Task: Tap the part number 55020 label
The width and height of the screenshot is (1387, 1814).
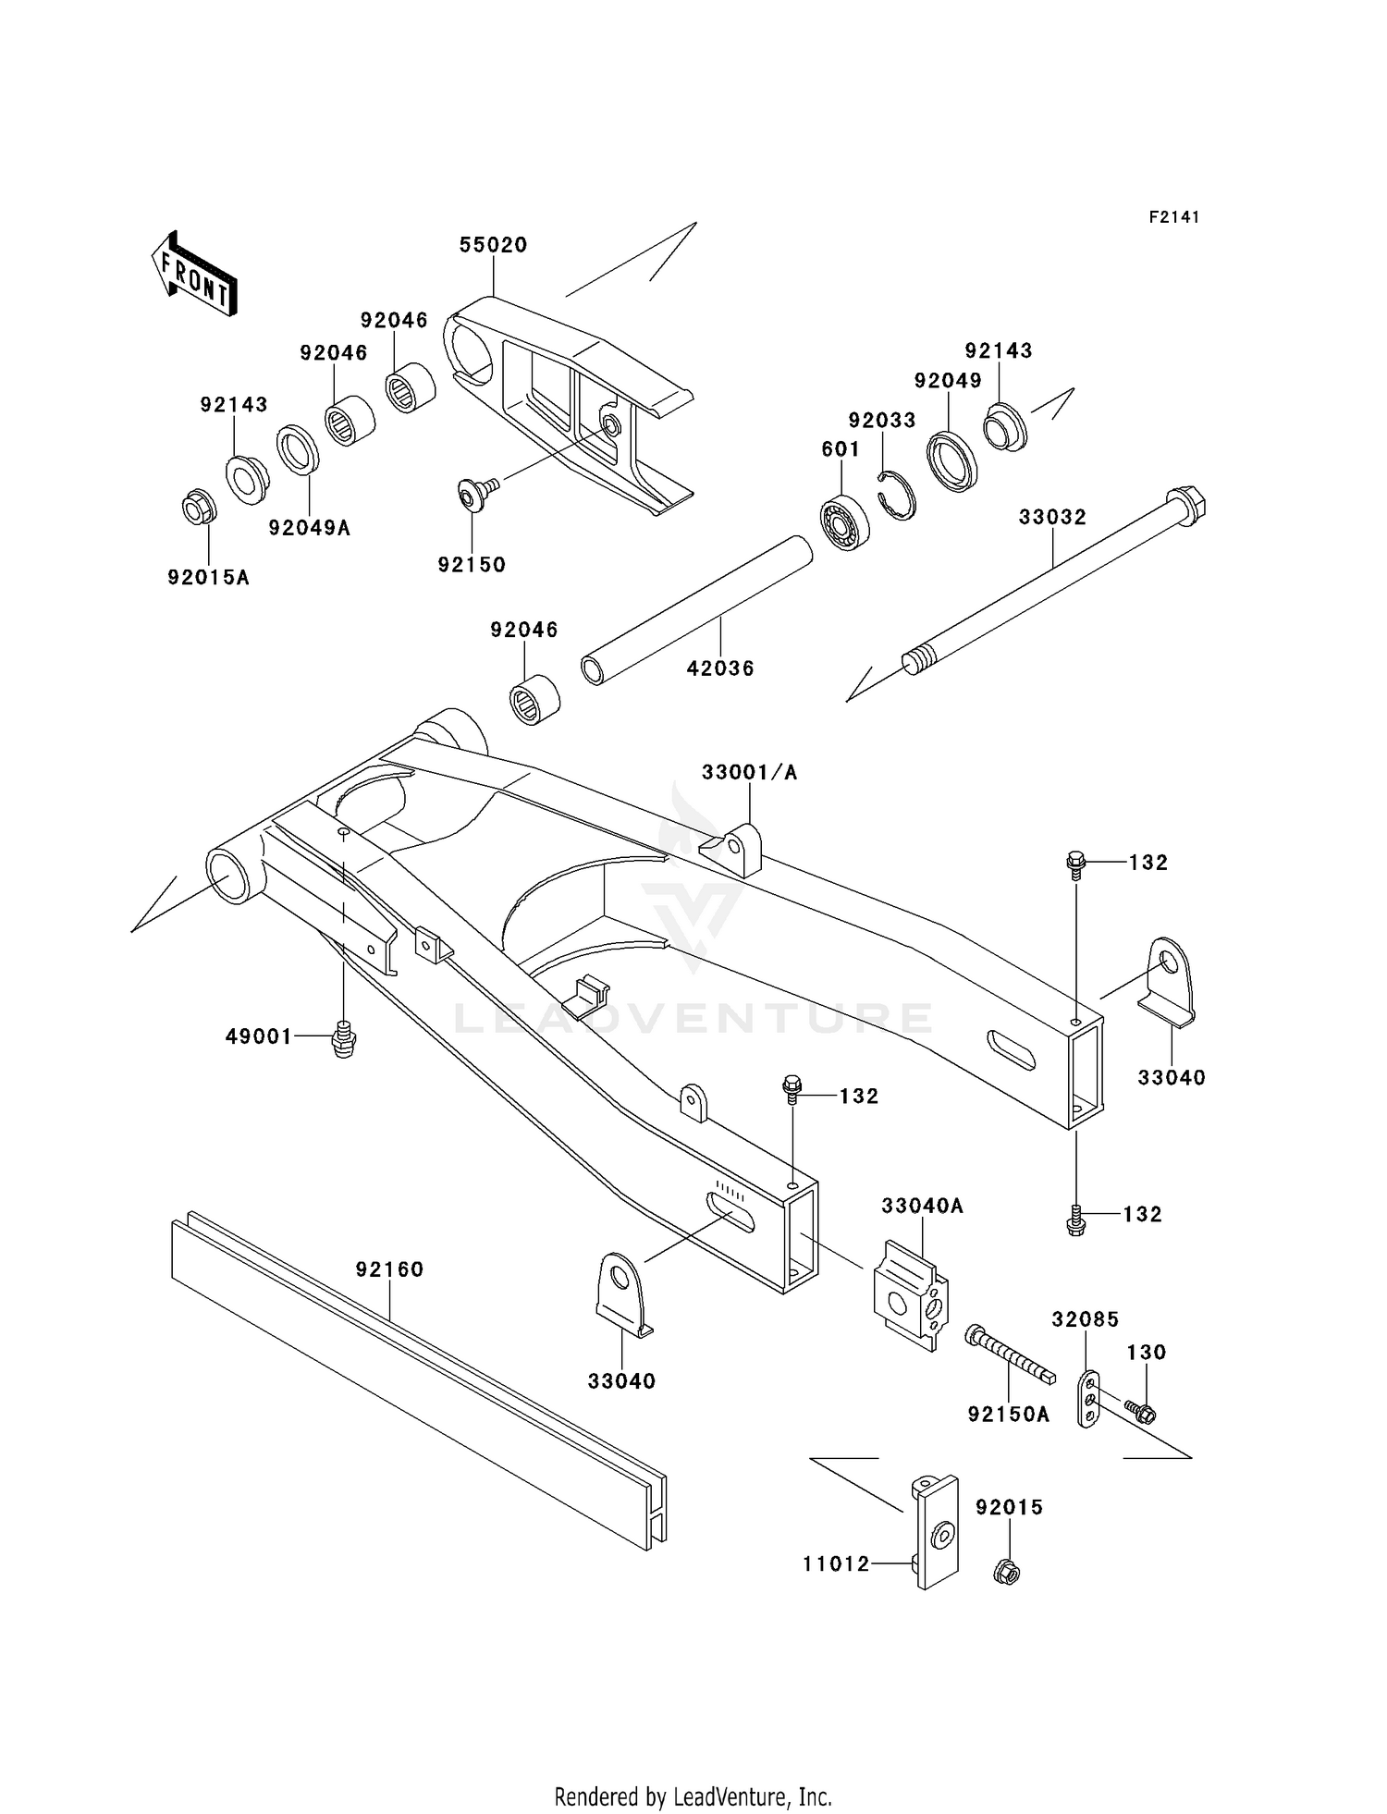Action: [x=493, y=245]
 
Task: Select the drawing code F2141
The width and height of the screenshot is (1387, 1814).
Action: [x=1174, y=217]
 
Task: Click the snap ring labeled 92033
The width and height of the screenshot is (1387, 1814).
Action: [x=896, y=496]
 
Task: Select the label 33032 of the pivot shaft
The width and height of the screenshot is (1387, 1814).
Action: [x=1052, y=517]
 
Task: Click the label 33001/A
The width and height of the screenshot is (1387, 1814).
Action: [x=749, y=772]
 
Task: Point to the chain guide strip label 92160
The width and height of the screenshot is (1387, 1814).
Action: [x=389, y=1269]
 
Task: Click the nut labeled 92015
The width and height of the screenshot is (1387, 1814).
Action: [x=1010, y=1571]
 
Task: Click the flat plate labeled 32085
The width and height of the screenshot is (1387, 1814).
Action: [x=1089, y=1400]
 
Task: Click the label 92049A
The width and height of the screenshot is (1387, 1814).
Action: [x=310, y=528]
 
